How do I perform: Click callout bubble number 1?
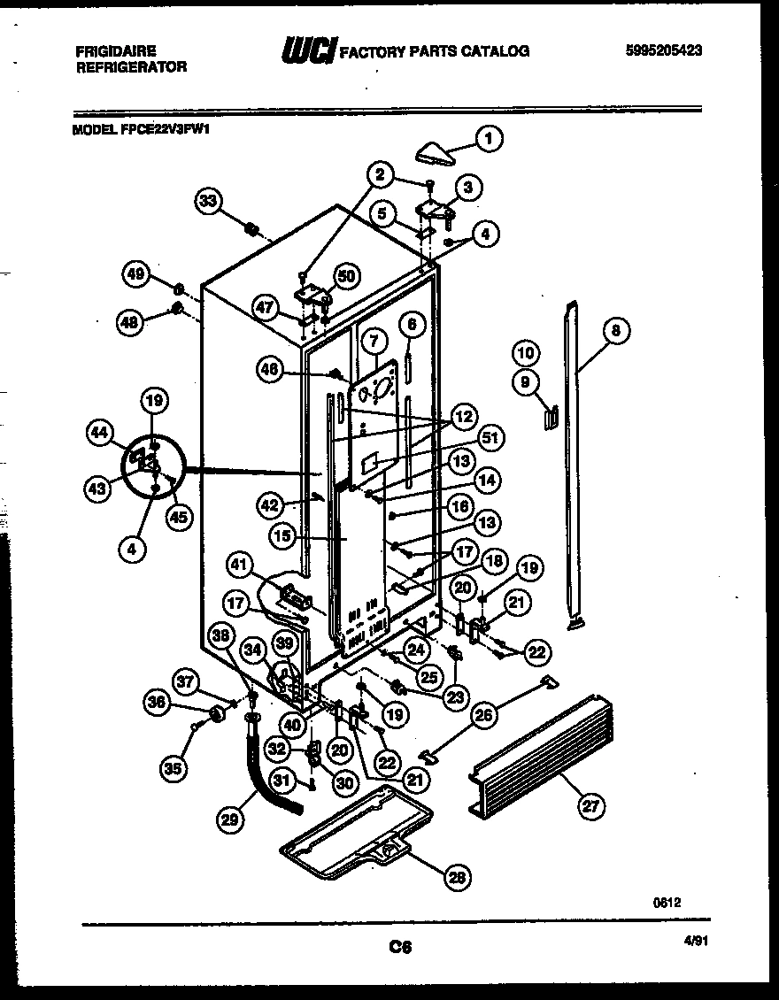[489, 138]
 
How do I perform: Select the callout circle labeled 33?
[208, 202]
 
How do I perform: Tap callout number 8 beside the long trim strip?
[616, 331]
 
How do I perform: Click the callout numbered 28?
[457, 877]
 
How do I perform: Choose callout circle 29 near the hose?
[229, 820]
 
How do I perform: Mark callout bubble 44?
[100, 433]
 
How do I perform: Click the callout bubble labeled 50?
[345, 277]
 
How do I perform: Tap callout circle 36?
[158, 703]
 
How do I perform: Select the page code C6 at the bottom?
[401, 948]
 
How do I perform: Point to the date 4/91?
[698, 943]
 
